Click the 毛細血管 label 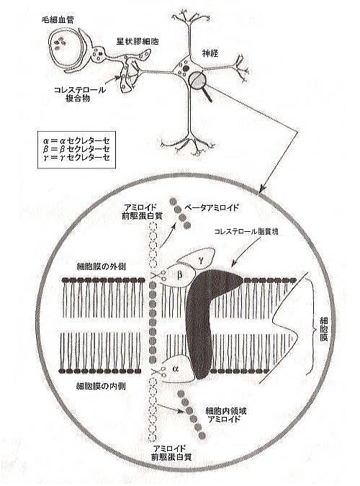[58, 21]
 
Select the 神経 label [210, 53]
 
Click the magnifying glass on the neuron [199, 81]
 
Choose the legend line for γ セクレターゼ [76, 158]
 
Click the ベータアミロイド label [212, 207]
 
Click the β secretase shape [179, 275]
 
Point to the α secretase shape [176, 369]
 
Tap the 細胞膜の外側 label [101, 266]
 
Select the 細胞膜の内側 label [101, 386]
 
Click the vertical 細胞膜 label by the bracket [323, 328]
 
